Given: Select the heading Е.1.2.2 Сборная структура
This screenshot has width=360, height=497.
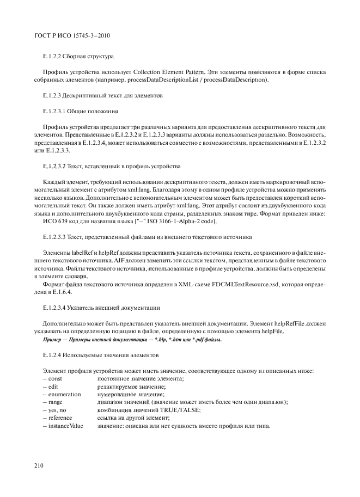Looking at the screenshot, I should tap(78, 56).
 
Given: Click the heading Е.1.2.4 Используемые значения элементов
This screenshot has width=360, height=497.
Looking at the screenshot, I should tap(93, 355).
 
